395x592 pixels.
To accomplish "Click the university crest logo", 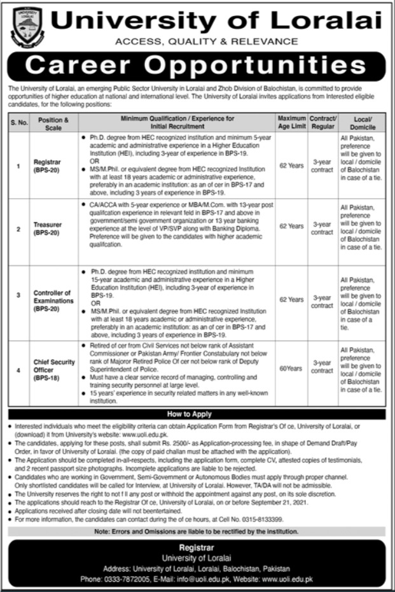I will pyautogui.click(x=27, y=25).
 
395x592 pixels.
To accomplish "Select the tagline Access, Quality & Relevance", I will pyautogui.click(x=197, y=41).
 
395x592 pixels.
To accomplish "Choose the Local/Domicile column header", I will pyautogui.click(x=362, y=123).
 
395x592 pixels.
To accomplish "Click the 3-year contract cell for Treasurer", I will pyautogui.click(x=322, y=229).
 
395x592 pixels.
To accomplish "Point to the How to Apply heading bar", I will pyautogui.click(x=197, y=414).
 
